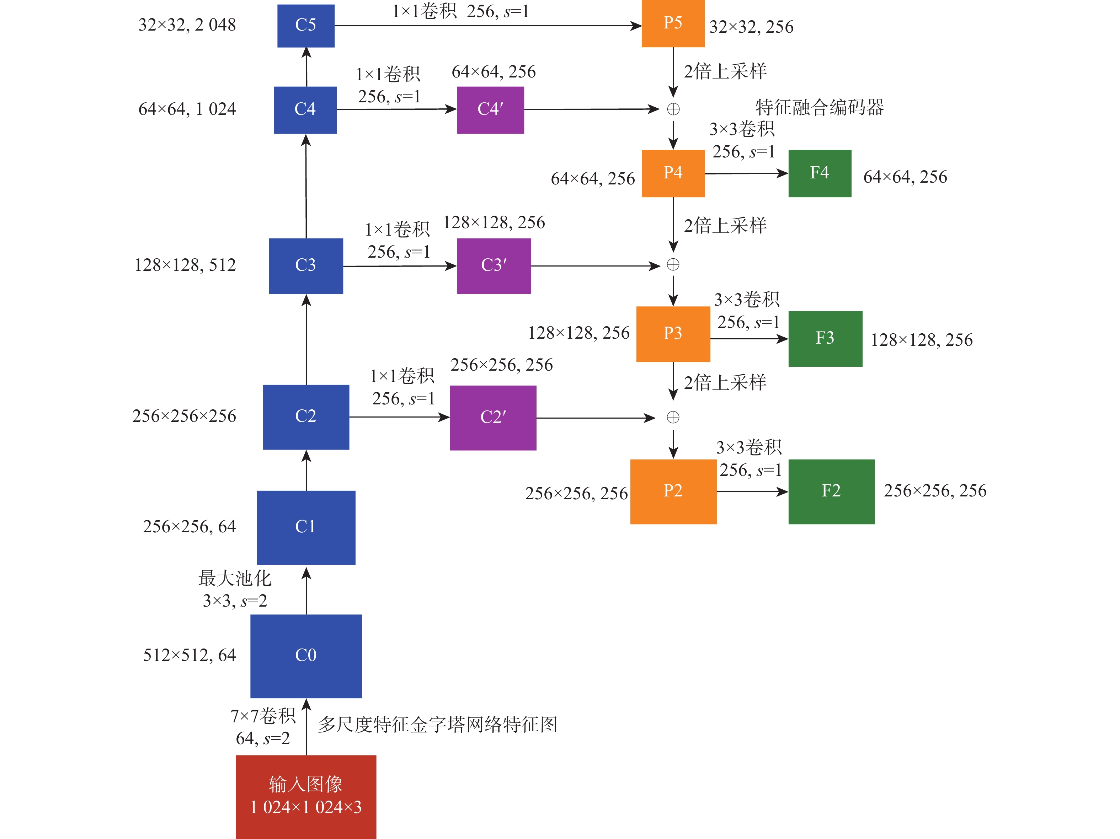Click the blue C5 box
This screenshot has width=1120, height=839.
point(306,25)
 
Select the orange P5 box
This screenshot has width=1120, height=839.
point(673,23)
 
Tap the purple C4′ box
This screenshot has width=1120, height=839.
point(490,110)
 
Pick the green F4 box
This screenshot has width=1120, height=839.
point(820,173)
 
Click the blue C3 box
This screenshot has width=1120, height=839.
point(306,266)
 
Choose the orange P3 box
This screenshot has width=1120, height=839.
point(673,334)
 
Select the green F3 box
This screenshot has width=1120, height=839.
point(825,339)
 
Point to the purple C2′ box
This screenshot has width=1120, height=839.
point(493,418)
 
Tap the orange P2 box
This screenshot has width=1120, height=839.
point(673,491)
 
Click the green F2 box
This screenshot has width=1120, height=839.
point(831,491)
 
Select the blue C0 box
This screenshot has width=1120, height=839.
point(306,656)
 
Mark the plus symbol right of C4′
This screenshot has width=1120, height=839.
point(673,109)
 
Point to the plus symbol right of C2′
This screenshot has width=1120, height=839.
point(673,418)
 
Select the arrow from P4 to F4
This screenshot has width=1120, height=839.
point(746,173)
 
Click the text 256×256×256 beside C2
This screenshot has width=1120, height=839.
point(184,416)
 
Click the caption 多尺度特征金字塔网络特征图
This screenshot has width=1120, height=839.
point(437,725)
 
